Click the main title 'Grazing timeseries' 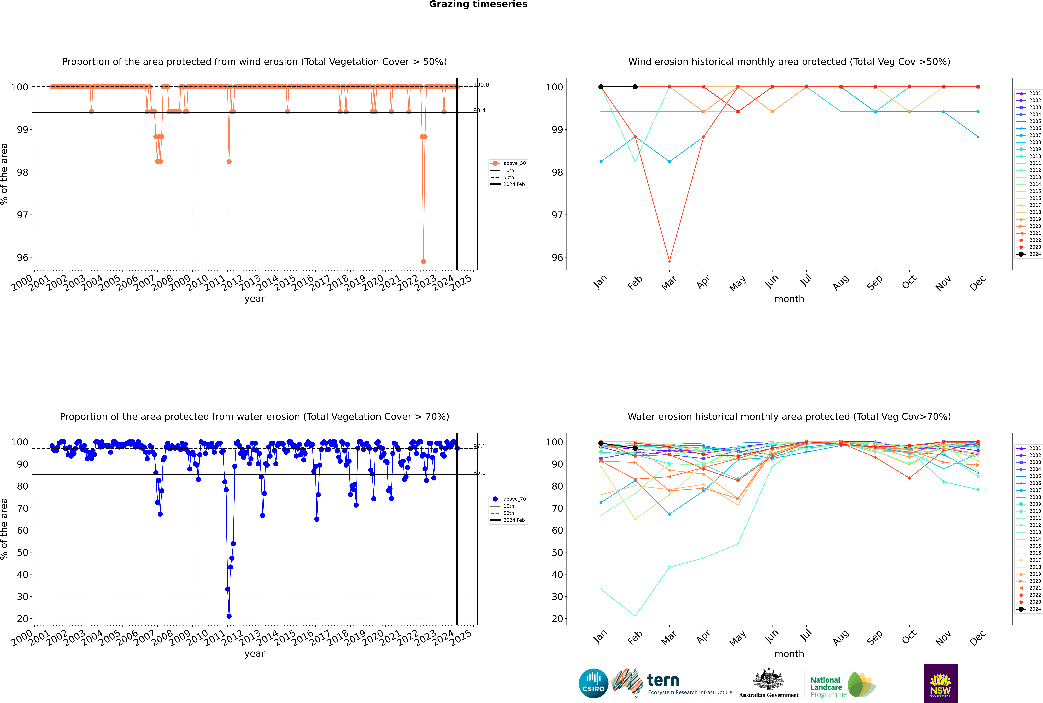click(478, 4)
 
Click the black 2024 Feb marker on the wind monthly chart click(635, 87)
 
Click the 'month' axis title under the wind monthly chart click(789, 299)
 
